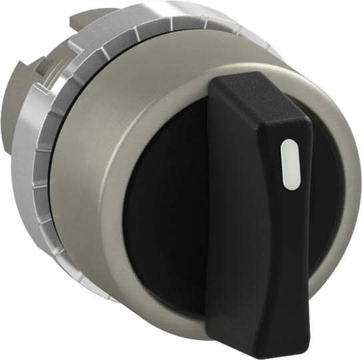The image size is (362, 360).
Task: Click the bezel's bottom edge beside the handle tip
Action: coord(200,327)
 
